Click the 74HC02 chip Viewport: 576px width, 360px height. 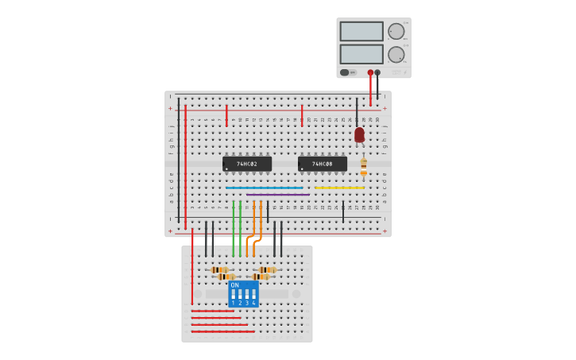pos(247,164)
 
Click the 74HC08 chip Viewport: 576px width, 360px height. pos(323,164)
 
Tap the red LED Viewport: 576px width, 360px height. pos(359,134)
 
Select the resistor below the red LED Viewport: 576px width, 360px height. pos(363,166)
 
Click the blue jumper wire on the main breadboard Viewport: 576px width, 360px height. pos(264,188)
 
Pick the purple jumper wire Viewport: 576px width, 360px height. pos(277,195)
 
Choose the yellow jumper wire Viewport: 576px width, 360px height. pos(339,188)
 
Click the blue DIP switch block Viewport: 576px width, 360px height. pos(243,294)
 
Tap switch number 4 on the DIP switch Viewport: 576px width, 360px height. pos(253,296)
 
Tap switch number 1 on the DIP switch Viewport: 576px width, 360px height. pos(234,296)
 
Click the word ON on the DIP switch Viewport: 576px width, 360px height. pos(234,285)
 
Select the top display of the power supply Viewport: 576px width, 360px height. pos(361,31)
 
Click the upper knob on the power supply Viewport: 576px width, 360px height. pos(396,31)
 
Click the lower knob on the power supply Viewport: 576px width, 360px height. pos(396,55)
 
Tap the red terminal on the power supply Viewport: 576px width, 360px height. pos(370,72)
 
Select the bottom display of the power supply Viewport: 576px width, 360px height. pos(361,54)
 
